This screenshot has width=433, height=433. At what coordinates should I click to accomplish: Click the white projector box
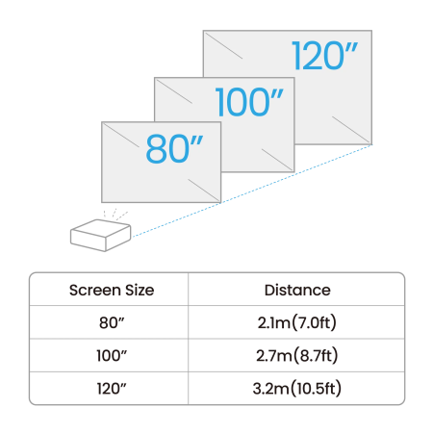tap(100, 232)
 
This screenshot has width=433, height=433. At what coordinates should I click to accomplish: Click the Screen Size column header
tap(112, 290)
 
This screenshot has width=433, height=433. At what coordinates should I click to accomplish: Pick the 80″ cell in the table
tap(112, 322)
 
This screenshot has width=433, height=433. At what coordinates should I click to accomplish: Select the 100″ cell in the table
tap(112, 356)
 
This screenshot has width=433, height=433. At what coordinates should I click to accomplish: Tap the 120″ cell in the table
tap(112, 389)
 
